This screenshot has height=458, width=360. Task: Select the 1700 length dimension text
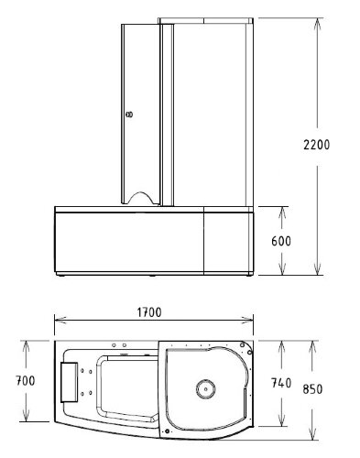[151, 312]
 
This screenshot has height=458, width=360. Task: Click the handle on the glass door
[128, 115]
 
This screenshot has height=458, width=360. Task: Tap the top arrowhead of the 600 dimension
[282, 210]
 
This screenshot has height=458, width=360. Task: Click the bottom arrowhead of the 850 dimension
[317, 432]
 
